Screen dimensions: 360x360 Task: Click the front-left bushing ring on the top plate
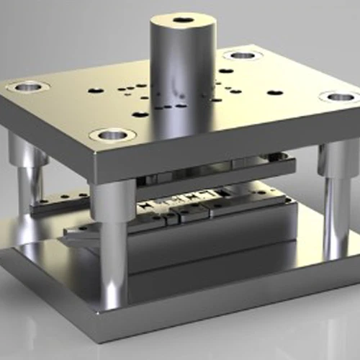click(113, 134)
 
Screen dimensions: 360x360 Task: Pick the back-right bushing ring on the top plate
click(242, 54)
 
